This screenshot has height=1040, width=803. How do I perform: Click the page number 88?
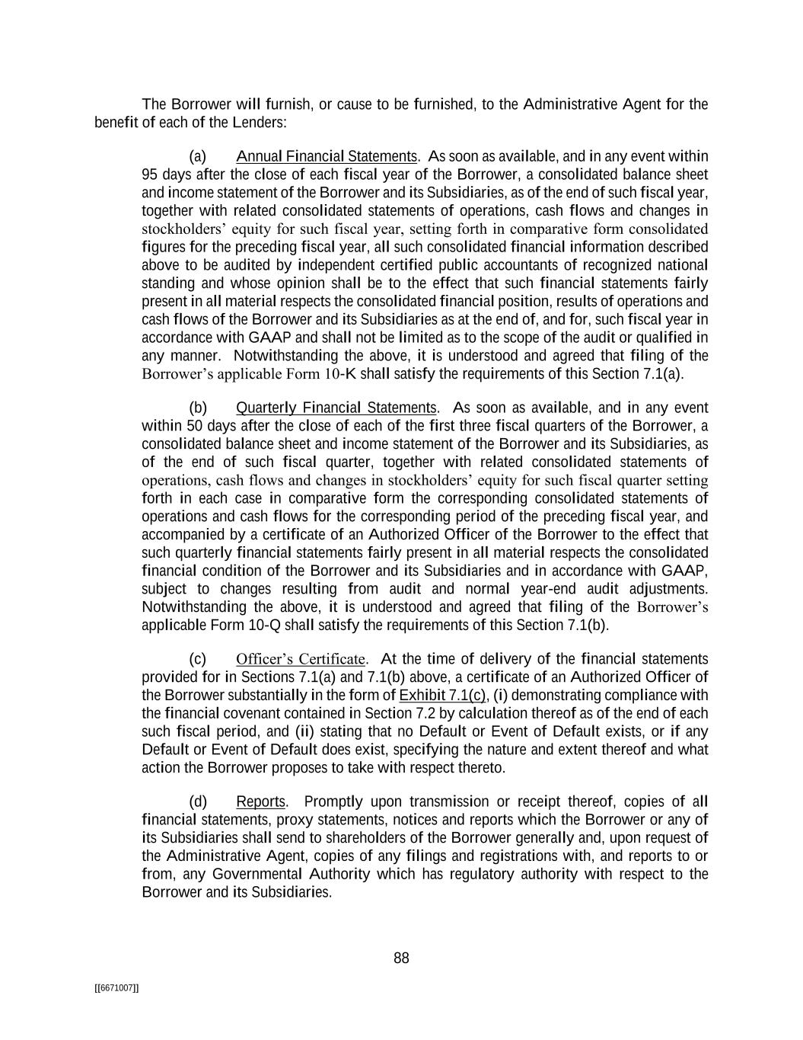[401, 958]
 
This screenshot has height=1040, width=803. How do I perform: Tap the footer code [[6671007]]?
[116, 987]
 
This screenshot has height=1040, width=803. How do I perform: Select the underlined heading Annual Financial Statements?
[327, 157]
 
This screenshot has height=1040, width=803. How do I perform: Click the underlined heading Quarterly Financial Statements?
[336, 408]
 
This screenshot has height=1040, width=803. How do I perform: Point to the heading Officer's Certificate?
[301, 659]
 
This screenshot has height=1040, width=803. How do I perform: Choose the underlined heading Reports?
[260, 802]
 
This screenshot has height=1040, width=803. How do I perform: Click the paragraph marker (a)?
[197, 157]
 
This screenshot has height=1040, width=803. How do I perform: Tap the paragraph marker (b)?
[198, 408]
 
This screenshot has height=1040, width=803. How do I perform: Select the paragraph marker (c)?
[197, 659]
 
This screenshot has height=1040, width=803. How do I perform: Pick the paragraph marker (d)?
[198, 802]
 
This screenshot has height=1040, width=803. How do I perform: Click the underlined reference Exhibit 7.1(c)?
[442, 696]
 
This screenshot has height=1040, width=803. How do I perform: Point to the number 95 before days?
[150, 175]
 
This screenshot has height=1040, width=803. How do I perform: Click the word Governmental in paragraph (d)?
[255, 874]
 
